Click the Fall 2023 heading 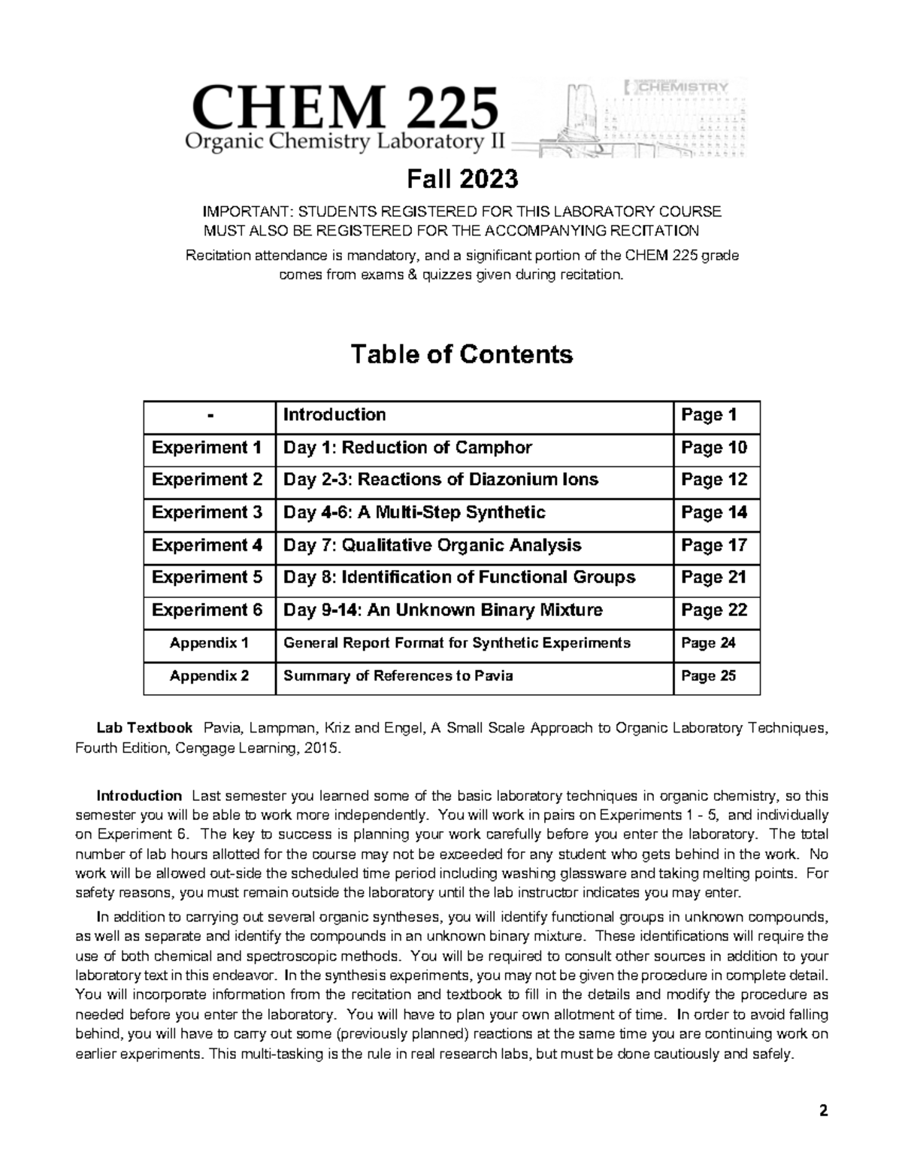[462, 179]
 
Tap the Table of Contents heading [462, 353]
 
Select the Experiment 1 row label [207, 447]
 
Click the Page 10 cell [714, 447]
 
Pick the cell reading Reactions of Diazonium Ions [440, 480]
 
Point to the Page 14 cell [714, 512]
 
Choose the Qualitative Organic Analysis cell [432, 545]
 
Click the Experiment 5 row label [207, 577]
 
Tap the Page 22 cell [714, 609]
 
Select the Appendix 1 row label [209, 642]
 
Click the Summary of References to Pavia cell [398, 675]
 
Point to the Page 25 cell [708, 675]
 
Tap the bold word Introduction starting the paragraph [139, 796]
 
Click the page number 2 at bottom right [823, 1112]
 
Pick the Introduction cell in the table [334, 415]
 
